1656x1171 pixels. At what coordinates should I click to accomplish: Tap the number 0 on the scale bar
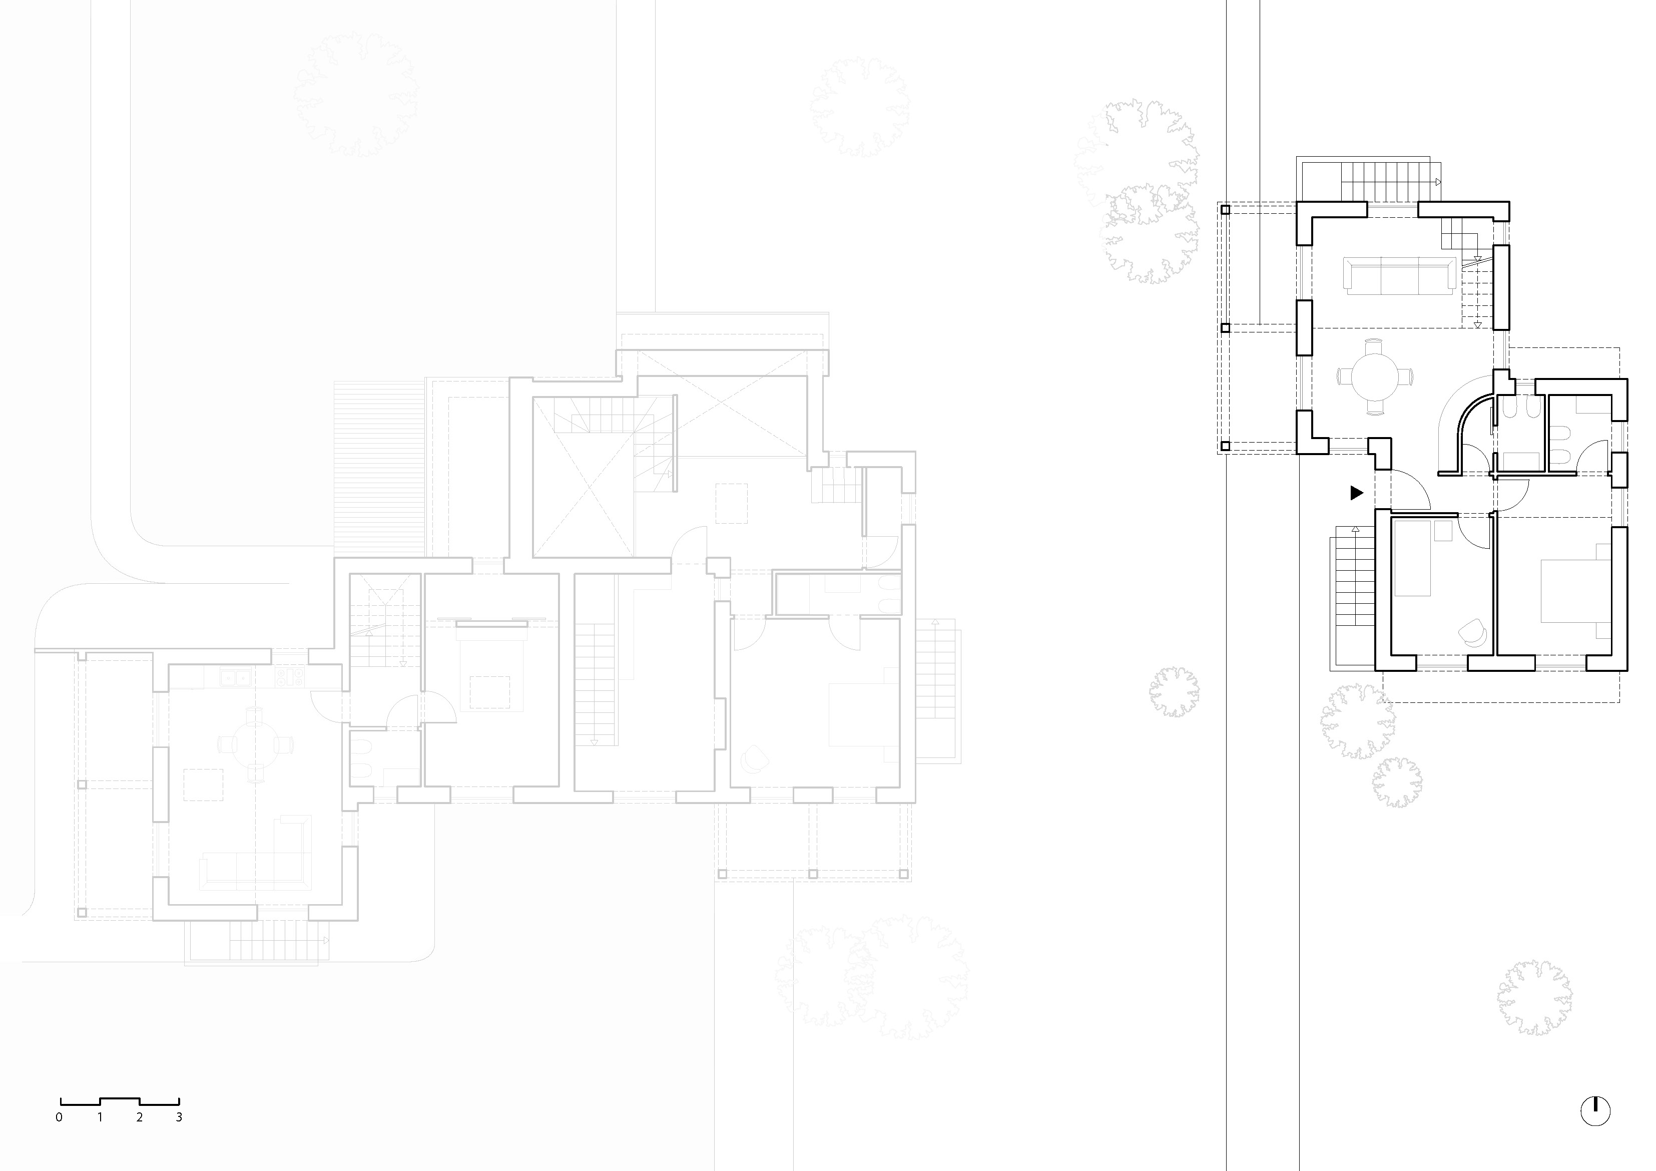pyautogui.click(x=59, y=1117)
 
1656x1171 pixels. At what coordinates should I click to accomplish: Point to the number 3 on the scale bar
pyautogui.click(x=179, y=1117)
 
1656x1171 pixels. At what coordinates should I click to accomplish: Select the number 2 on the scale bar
pyautogui.click(x=139, y=1117)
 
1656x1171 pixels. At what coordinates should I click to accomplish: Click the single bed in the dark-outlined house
pyautogui.click(x=1413, y=558)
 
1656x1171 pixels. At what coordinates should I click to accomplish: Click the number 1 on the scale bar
pyautogui.click(x=100, y=1117)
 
